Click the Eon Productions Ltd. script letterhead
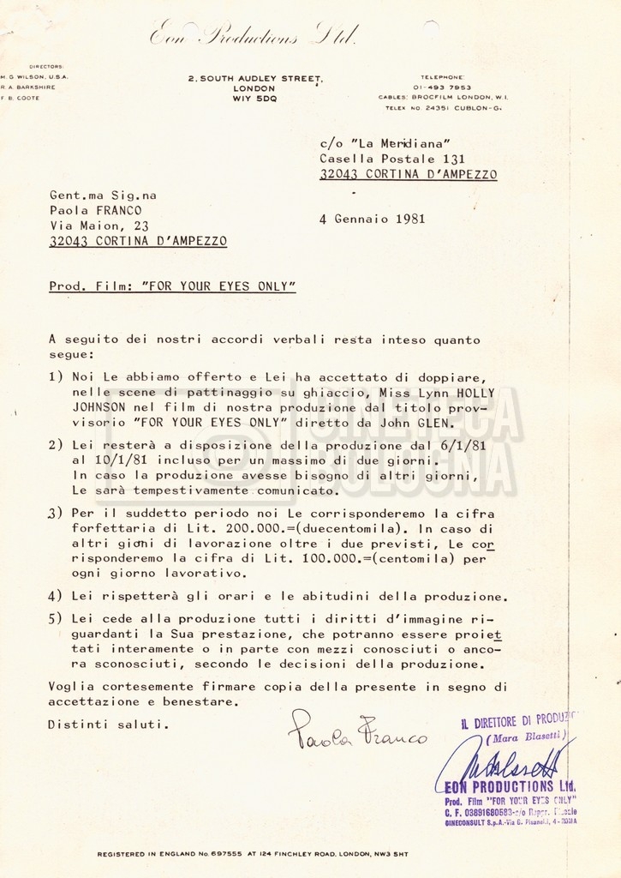254,36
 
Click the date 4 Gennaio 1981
372,219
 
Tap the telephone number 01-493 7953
441,87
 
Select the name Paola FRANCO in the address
95,210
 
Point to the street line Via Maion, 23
99,226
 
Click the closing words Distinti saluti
104,725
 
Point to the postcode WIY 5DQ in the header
255,99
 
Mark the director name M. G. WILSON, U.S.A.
36,76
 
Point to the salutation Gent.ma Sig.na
103,195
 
